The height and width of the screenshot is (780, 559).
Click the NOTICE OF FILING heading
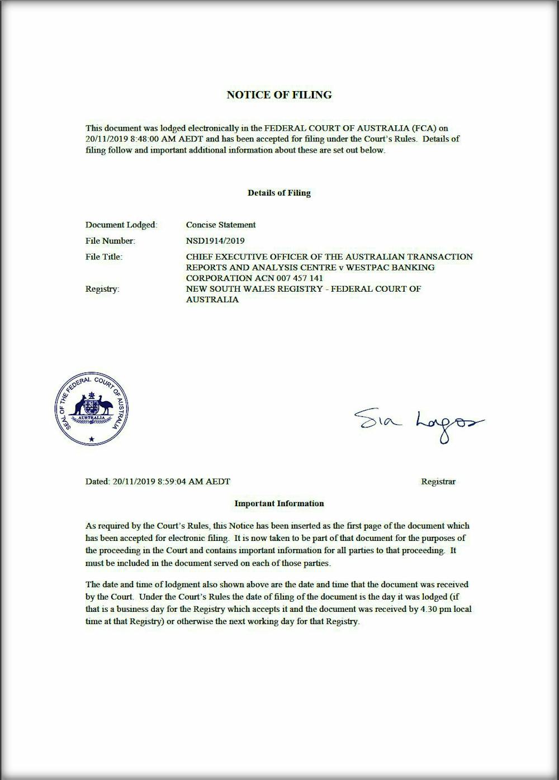coord(279,95)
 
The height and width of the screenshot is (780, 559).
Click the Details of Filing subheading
coord(279,193)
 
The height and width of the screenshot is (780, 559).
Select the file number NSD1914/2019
coord(215,241)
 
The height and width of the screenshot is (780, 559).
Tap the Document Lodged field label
coord(121,225)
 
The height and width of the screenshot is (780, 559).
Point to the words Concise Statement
coord(221,225)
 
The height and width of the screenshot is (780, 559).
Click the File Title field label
coord(103,256)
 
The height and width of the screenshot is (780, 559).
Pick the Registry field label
coord(102,289)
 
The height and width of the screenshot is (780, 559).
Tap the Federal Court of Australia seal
coord(92,408)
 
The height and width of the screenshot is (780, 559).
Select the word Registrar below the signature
coord(438,482)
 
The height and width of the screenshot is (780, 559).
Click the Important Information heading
coord(279,503)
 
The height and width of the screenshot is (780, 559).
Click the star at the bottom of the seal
coord(92,440)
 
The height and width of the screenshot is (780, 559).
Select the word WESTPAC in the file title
coord(359,267)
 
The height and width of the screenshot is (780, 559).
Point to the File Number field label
coord(110,241)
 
